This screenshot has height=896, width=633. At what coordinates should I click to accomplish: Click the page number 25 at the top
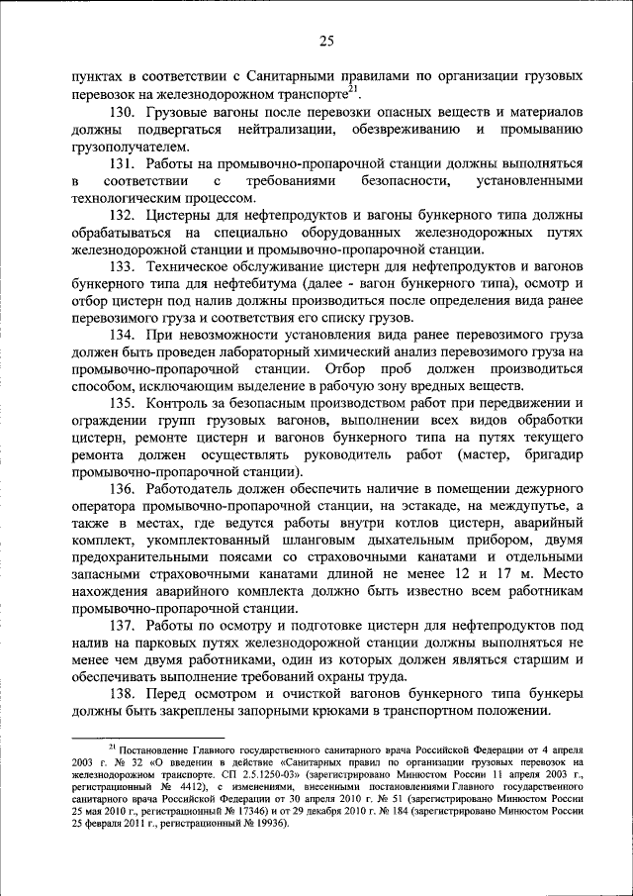(x=326, y=41)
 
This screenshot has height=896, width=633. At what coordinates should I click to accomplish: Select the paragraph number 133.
(x=127, y=266)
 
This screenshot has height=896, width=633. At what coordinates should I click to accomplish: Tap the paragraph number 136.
(x=127, y=490)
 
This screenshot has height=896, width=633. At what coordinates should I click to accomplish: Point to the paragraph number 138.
(x=127, y=695)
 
